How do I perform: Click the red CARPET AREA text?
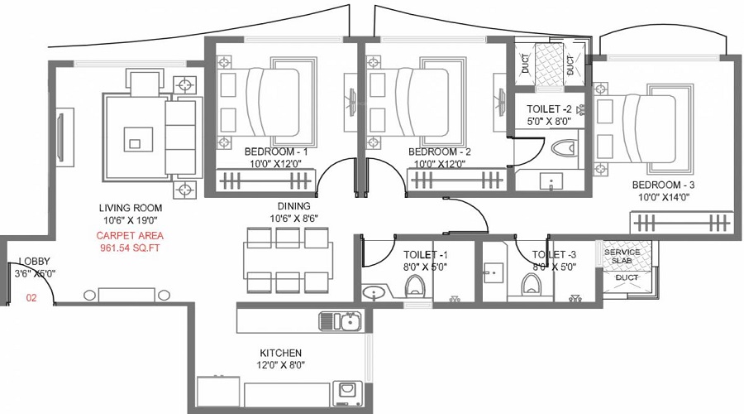pos(130,236)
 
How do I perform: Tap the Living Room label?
pos(131,208)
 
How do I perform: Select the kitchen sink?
pos(341,320)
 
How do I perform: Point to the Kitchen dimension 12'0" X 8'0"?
pos(281,365)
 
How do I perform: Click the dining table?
pos(288,261)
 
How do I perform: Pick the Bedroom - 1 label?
pos(276,152)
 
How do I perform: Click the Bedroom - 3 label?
pos(663,185)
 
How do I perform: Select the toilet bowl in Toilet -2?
pos(565,148)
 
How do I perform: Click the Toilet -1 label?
pos(425,255)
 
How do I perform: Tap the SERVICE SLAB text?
pos(622,256)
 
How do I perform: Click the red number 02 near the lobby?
pos(31,298)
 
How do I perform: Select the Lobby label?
pos(34,261)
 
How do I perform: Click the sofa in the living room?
pos(180,137)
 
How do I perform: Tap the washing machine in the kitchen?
pos(347,393)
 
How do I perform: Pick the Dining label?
pos(294,206)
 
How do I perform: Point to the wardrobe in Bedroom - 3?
pos(681,222)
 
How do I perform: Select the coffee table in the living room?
pos(139,139)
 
